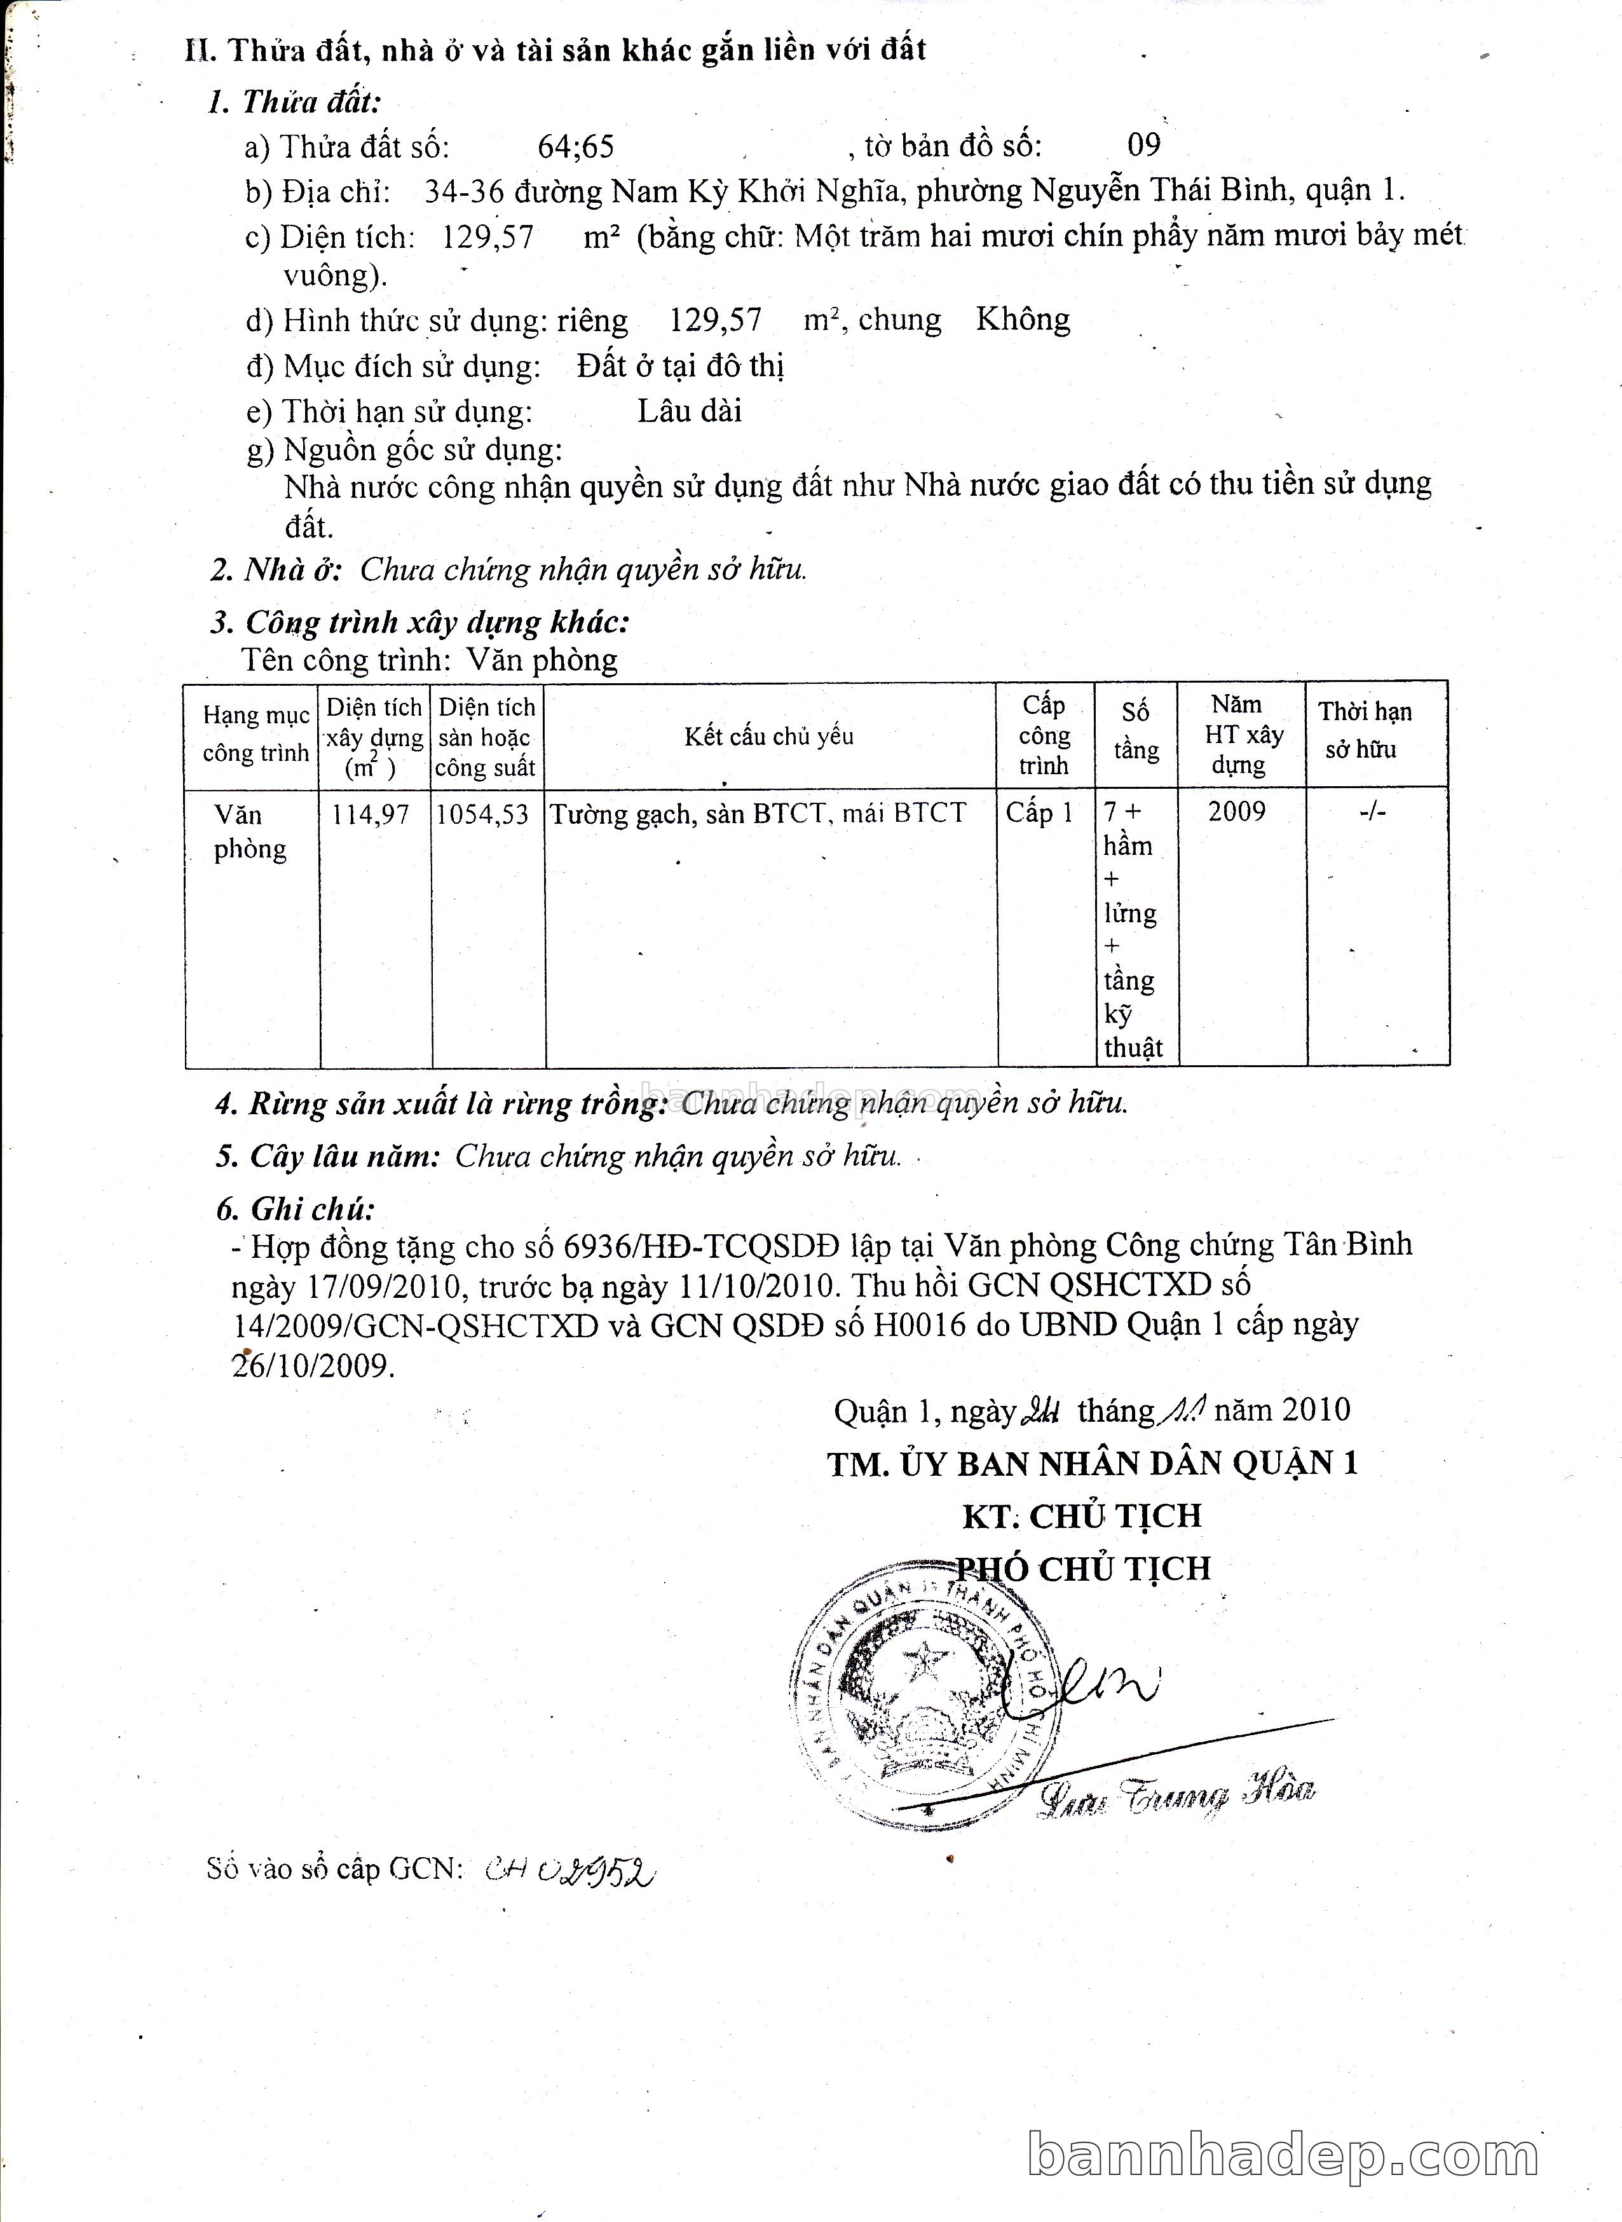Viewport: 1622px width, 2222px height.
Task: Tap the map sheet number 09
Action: [1144, 146]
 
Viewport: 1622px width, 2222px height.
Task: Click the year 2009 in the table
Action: [1237, 811]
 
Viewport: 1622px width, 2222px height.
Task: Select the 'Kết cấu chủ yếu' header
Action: [769, 737]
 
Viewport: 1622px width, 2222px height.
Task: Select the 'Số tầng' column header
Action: [1136, 732]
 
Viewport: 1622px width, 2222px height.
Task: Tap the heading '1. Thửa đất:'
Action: [294, 102]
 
